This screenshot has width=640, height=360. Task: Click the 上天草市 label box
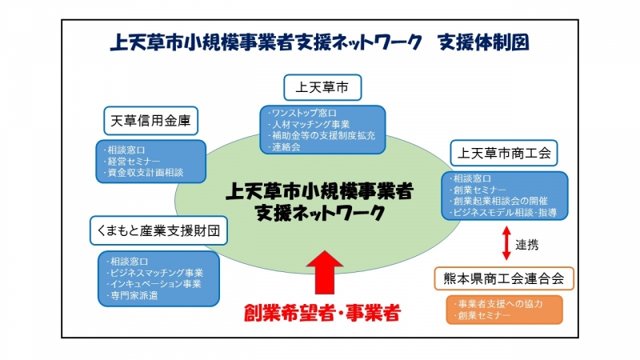coord(322,87)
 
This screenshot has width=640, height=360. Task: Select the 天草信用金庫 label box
coord(150,121)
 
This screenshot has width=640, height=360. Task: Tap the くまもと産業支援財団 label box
coord(158,230)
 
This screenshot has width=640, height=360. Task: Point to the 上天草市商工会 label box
coord(504,153)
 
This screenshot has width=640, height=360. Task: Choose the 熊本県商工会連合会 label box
coord(504,278)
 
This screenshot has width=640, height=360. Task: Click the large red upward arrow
coord(325,272)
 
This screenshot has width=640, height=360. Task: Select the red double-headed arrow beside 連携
coord(506,243)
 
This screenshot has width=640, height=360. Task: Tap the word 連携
coord(526,245)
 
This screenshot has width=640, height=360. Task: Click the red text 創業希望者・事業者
coord(322,313)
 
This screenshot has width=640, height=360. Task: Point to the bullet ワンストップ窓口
coord(302,113)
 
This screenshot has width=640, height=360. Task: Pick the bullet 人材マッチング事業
coord(309,125)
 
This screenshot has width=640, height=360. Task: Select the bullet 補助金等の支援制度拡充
coord(322,135)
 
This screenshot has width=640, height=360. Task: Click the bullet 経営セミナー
coord(131,162)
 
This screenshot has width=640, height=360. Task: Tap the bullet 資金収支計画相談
coord(143,173)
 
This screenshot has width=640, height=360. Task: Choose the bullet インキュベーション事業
coord(154,284)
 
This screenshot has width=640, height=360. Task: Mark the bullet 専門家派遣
coord(131,295)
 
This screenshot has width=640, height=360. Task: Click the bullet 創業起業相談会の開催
coord(498,202)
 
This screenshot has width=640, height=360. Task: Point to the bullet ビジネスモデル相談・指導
coord(502,213)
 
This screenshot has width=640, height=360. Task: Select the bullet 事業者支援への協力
coord(498,304)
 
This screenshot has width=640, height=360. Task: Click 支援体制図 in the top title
coord(483,42)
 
